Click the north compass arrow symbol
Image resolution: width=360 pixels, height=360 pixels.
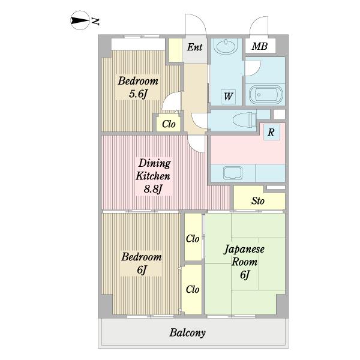[x=79, y=20]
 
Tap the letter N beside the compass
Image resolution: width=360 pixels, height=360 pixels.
[x=95, y=21]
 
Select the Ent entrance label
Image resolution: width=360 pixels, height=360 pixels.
[x=194, y=47]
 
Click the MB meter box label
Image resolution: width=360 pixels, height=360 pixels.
[x=260, y=46]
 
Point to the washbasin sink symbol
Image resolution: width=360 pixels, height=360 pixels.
[x=226, y=47]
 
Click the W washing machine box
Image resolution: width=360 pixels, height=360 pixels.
[x=228, y=97]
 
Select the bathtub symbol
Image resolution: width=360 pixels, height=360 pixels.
[x=266, y=95]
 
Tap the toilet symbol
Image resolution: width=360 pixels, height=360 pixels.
[x=244, y=119]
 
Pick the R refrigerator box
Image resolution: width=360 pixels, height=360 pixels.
[x=272, y=132]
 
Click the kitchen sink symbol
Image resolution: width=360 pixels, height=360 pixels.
[x=233, y=173]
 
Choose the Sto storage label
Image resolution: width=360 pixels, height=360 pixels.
[x=258, y=201]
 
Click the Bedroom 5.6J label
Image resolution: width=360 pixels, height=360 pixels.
[x=138, y=87]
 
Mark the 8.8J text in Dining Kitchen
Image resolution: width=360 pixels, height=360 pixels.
[x=153, y=189]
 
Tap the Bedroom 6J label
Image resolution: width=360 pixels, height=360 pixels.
[x=142, y=263]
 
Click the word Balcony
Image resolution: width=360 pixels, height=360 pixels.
[x=187, y=332]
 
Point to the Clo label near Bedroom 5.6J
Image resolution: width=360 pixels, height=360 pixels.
[x=169, y=124]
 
